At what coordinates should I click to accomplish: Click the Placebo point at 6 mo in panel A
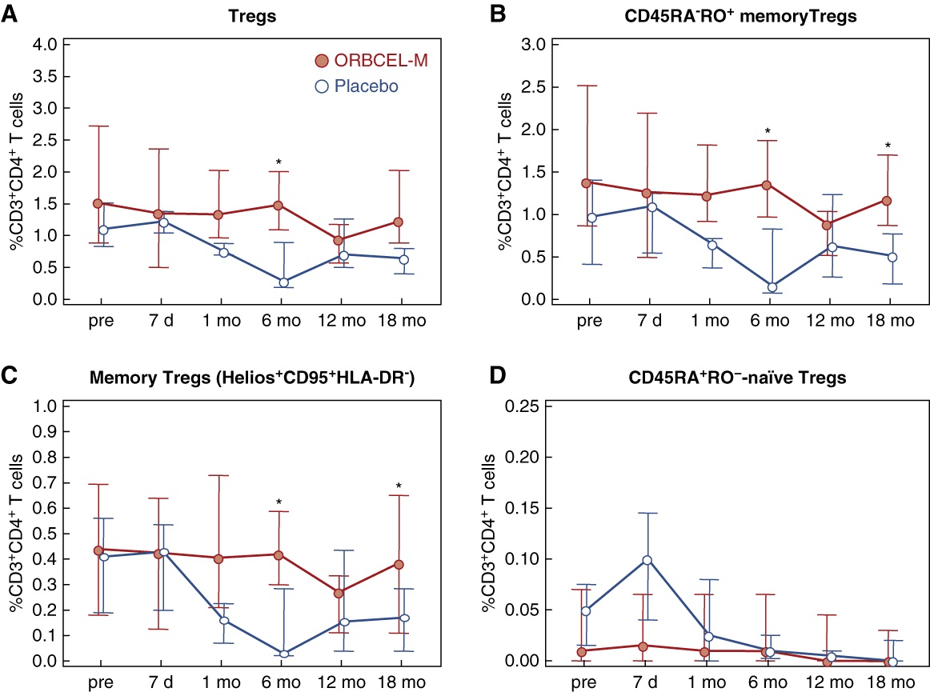(x=283, y=282)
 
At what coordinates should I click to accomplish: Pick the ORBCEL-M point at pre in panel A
(x=98, y=203)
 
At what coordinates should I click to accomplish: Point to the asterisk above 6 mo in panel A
(x=279, y=163)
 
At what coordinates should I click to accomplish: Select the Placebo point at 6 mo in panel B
(x=772, y=287)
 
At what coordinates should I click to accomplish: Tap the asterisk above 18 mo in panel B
(x=888, y=146)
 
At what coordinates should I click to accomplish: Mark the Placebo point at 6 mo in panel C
(x=284, y=654)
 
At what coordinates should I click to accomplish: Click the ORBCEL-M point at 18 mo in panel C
(x=399, y=564)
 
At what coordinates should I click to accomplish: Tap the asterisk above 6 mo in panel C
(x=279, y=502)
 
